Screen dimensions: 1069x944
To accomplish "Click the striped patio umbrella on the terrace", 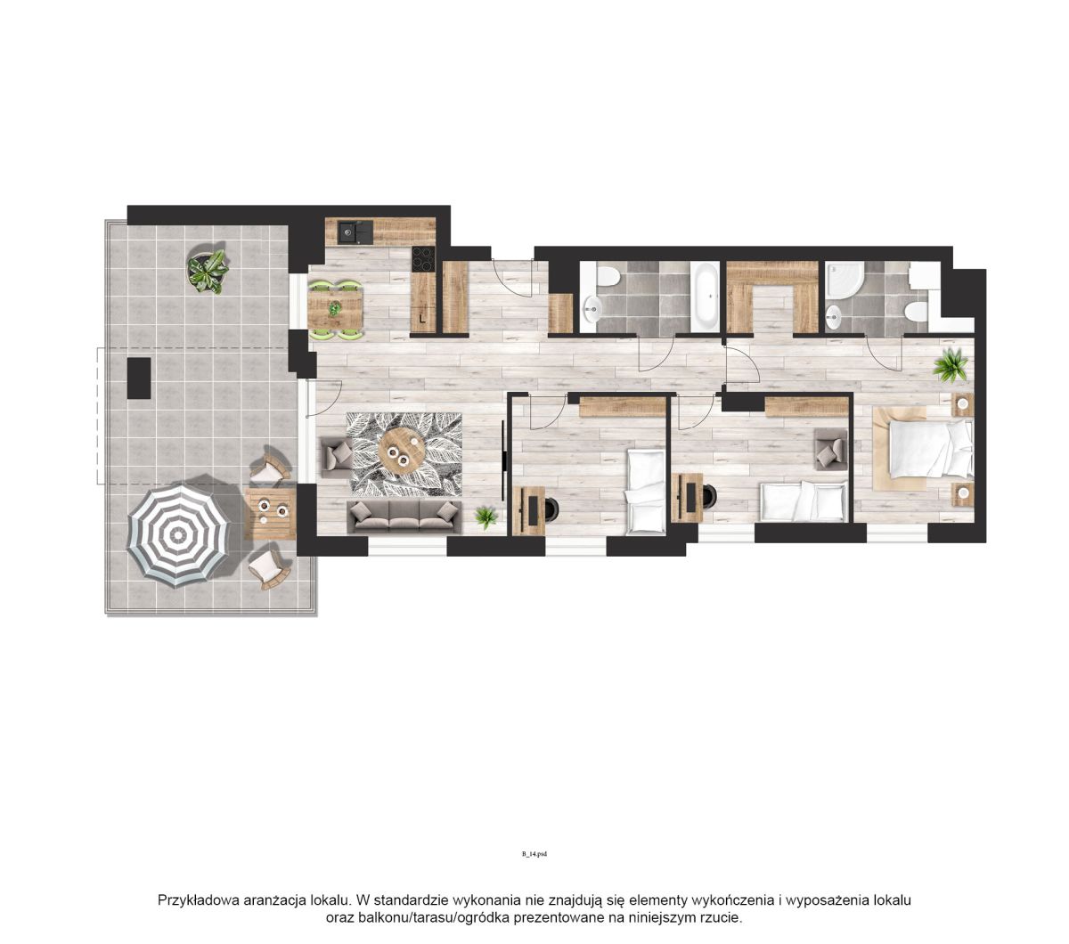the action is pos(178,537).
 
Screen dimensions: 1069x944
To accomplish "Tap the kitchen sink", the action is pos(355,232).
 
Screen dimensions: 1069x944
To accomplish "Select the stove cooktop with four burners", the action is pos(423,259).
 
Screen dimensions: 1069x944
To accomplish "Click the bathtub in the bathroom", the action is pos(704,297).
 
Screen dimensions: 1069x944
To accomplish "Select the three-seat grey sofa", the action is pos(404,516).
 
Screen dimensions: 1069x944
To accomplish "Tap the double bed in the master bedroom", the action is pos(929,448).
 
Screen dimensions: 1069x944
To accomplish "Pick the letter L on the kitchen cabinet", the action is pos(421,319).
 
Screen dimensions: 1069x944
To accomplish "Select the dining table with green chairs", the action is pos(335,310).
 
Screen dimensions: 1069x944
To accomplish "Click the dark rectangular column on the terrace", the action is pos(139,378).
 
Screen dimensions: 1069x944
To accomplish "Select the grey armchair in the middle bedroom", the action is pos(830,449).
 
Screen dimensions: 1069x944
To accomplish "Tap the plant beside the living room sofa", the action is pos(486,517).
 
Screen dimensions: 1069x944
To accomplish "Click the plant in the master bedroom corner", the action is pos(950,364).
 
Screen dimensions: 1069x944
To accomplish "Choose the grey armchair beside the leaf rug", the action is pos(337,457).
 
